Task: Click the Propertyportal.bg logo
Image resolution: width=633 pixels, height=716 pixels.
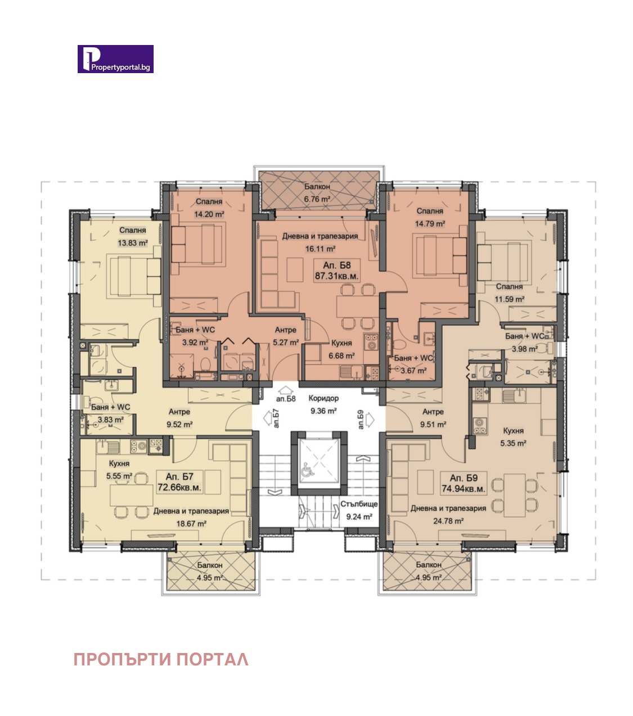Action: click(x=115, y=59)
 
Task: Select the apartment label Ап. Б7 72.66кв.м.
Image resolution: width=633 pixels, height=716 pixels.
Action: click(x=179, y=482)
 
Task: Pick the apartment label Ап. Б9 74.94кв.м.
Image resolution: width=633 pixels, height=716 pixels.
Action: click(x=463, y=484)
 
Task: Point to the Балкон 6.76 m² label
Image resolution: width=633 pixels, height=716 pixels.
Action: click(x=317, y=192)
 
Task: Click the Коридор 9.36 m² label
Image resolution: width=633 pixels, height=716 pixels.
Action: click(x=324, y=404)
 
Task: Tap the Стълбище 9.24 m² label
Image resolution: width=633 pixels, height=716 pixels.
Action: click(x=359, y=510)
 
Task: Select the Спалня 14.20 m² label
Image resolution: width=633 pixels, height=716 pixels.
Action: click(x=209, y=208)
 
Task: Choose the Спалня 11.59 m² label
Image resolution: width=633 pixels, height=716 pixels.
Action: click(x=509, y=293)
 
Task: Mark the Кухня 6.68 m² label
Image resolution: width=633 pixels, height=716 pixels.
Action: click(x=342, y=349)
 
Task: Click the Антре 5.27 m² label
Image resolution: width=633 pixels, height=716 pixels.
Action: click(x=285, y=336)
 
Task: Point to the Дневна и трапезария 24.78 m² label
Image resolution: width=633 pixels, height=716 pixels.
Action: click(x=448, y=514)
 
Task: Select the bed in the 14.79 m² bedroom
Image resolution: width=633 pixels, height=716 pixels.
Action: click(x=441, y=256)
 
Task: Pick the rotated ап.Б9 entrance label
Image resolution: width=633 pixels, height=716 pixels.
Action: click(x=360, y=420)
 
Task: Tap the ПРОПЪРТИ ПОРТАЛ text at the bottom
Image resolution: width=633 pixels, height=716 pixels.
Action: click(x=161, y=659)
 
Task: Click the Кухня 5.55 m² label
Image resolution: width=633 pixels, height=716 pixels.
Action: click(x=119, y=470)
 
